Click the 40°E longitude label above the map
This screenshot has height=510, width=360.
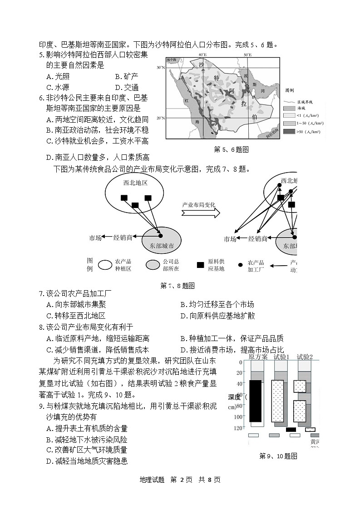click(203, 55)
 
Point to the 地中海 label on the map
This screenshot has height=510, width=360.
click(171, 59)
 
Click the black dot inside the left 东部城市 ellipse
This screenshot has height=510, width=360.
click(160, 236)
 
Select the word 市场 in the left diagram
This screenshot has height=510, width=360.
click(96, 238)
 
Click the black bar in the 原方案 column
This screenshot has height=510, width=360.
click(256, 401)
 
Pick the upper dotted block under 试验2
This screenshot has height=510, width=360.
click(300, 386)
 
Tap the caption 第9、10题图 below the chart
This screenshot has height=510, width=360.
click(278, 456)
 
